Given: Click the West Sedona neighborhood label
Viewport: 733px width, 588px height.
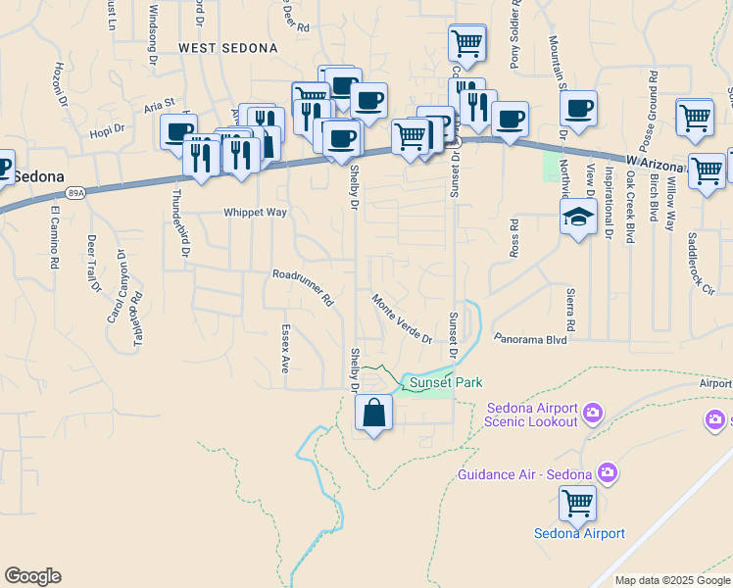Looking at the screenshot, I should point(228,47).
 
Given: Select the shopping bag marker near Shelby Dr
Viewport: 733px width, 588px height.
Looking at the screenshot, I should point(373,413).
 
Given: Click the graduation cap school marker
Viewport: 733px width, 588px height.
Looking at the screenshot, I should point(578,218).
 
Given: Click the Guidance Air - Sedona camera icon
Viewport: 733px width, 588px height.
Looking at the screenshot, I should point(608,475).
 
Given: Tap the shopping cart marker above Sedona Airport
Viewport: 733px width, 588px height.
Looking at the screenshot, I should point(577,504).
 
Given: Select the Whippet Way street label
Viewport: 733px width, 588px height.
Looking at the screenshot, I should point(255,212).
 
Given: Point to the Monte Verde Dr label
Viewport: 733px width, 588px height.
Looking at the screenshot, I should point(402,318).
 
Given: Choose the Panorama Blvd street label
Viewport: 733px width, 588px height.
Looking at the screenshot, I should point(530,340).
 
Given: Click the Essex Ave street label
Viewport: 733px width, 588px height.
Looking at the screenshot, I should point(286,349).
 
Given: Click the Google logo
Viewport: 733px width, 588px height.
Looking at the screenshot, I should point(32,576).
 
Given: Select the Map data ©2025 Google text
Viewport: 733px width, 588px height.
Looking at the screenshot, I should point(672,580).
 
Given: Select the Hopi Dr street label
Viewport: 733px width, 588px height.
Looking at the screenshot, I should point(108,128).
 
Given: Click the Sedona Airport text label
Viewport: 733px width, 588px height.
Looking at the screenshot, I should point(579,534).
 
